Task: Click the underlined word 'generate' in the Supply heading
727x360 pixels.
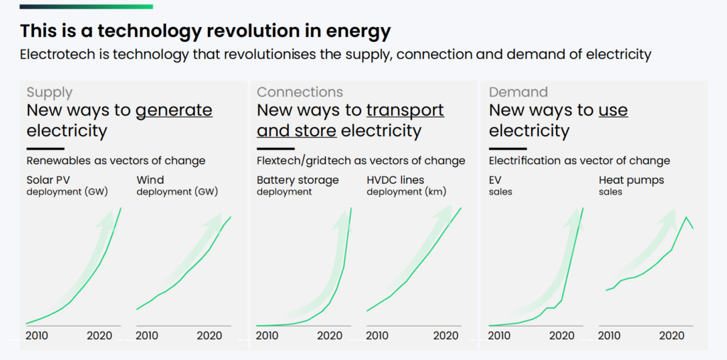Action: click(x=174, y=110)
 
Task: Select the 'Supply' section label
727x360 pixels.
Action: click(x=50, y=92)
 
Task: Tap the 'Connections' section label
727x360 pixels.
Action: click(x=300, y=92)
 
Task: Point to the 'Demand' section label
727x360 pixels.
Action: click(x=518, y=92)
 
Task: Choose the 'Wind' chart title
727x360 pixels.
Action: click(x=149, y=180)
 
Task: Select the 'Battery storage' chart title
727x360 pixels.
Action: click(x=297, y=180)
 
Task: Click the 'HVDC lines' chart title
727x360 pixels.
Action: click(x=395, y=180)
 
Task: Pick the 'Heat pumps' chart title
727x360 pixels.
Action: click(x=631, y=180)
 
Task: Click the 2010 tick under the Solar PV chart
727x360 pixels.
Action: click(x=38, y=336)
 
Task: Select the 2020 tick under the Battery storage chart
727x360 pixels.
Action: click(x=337, y=336)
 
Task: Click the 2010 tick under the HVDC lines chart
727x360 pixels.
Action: click(x=378, y=336)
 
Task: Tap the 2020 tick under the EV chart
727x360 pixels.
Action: click(x=562, y=336)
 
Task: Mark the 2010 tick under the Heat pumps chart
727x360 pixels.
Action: click(x=611, y=336)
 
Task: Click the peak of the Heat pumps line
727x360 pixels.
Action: click(x=686, y=217)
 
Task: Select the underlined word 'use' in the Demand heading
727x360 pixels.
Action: click(x=613, y=110)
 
